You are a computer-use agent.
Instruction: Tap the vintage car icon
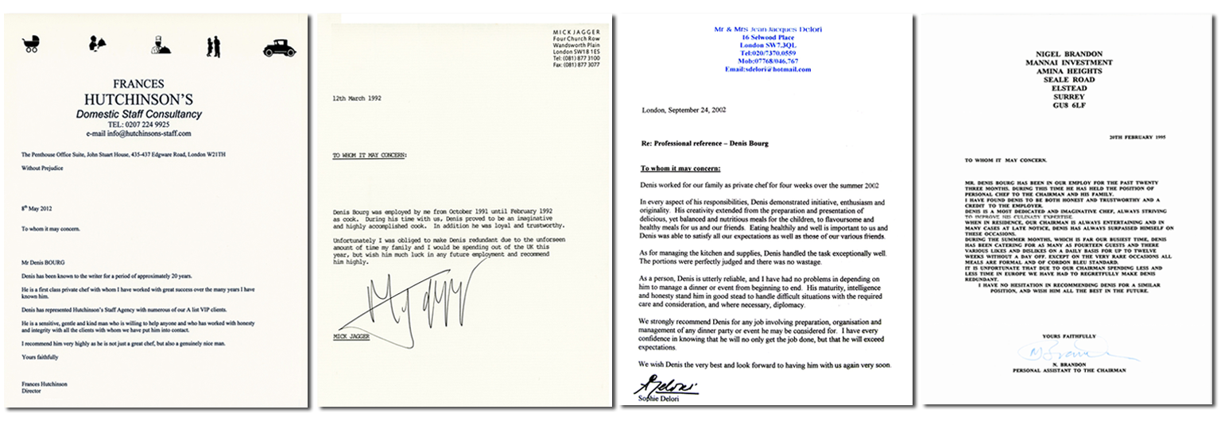(279, 48)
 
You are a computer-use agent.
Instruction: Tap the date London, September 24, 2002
(684, 110)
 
